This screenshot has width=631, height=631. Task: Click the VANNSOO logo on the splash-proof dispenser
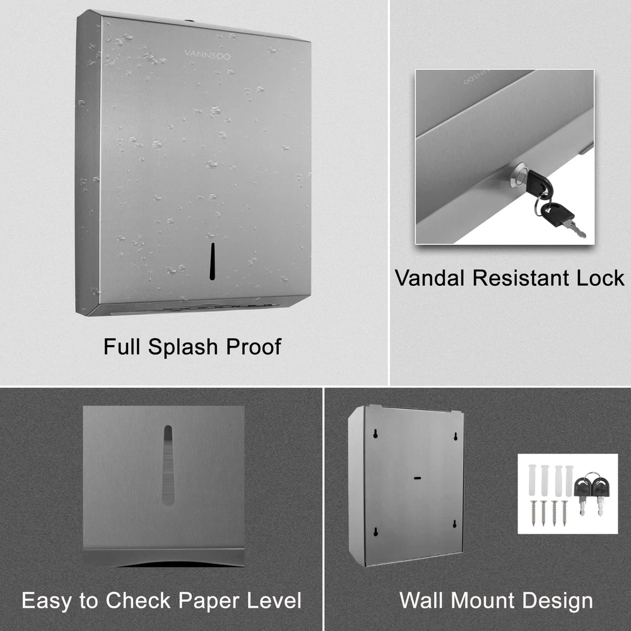click(x=207, y=55)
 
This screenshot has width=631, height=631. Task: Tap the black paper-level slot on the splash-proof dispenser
click(x=213, y=261)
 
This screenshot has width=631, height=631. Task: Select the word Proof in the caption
click(x=254, y=346)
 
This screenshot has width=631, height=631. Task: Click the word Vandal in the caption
click(x=429, y=278)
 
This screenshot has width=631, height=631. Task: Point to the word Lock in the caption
click(x=600, y=278)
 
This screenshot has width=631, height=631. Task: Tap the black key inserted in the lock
click(x=538, y=182)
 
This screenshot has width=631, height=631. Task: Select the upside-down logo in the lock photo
click(x=476, y=78)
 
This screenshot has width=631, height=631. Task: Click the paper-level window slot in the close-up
click(x=168, y=465)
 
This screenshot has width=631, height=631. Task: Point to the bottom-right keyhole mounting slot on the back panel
click(x=455, y=524)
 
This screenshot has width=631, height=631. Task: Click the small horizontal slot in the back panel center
click(x=418, y=478)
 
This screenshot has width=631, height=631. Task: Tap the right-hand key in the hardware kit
click(x=601, y=495)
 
